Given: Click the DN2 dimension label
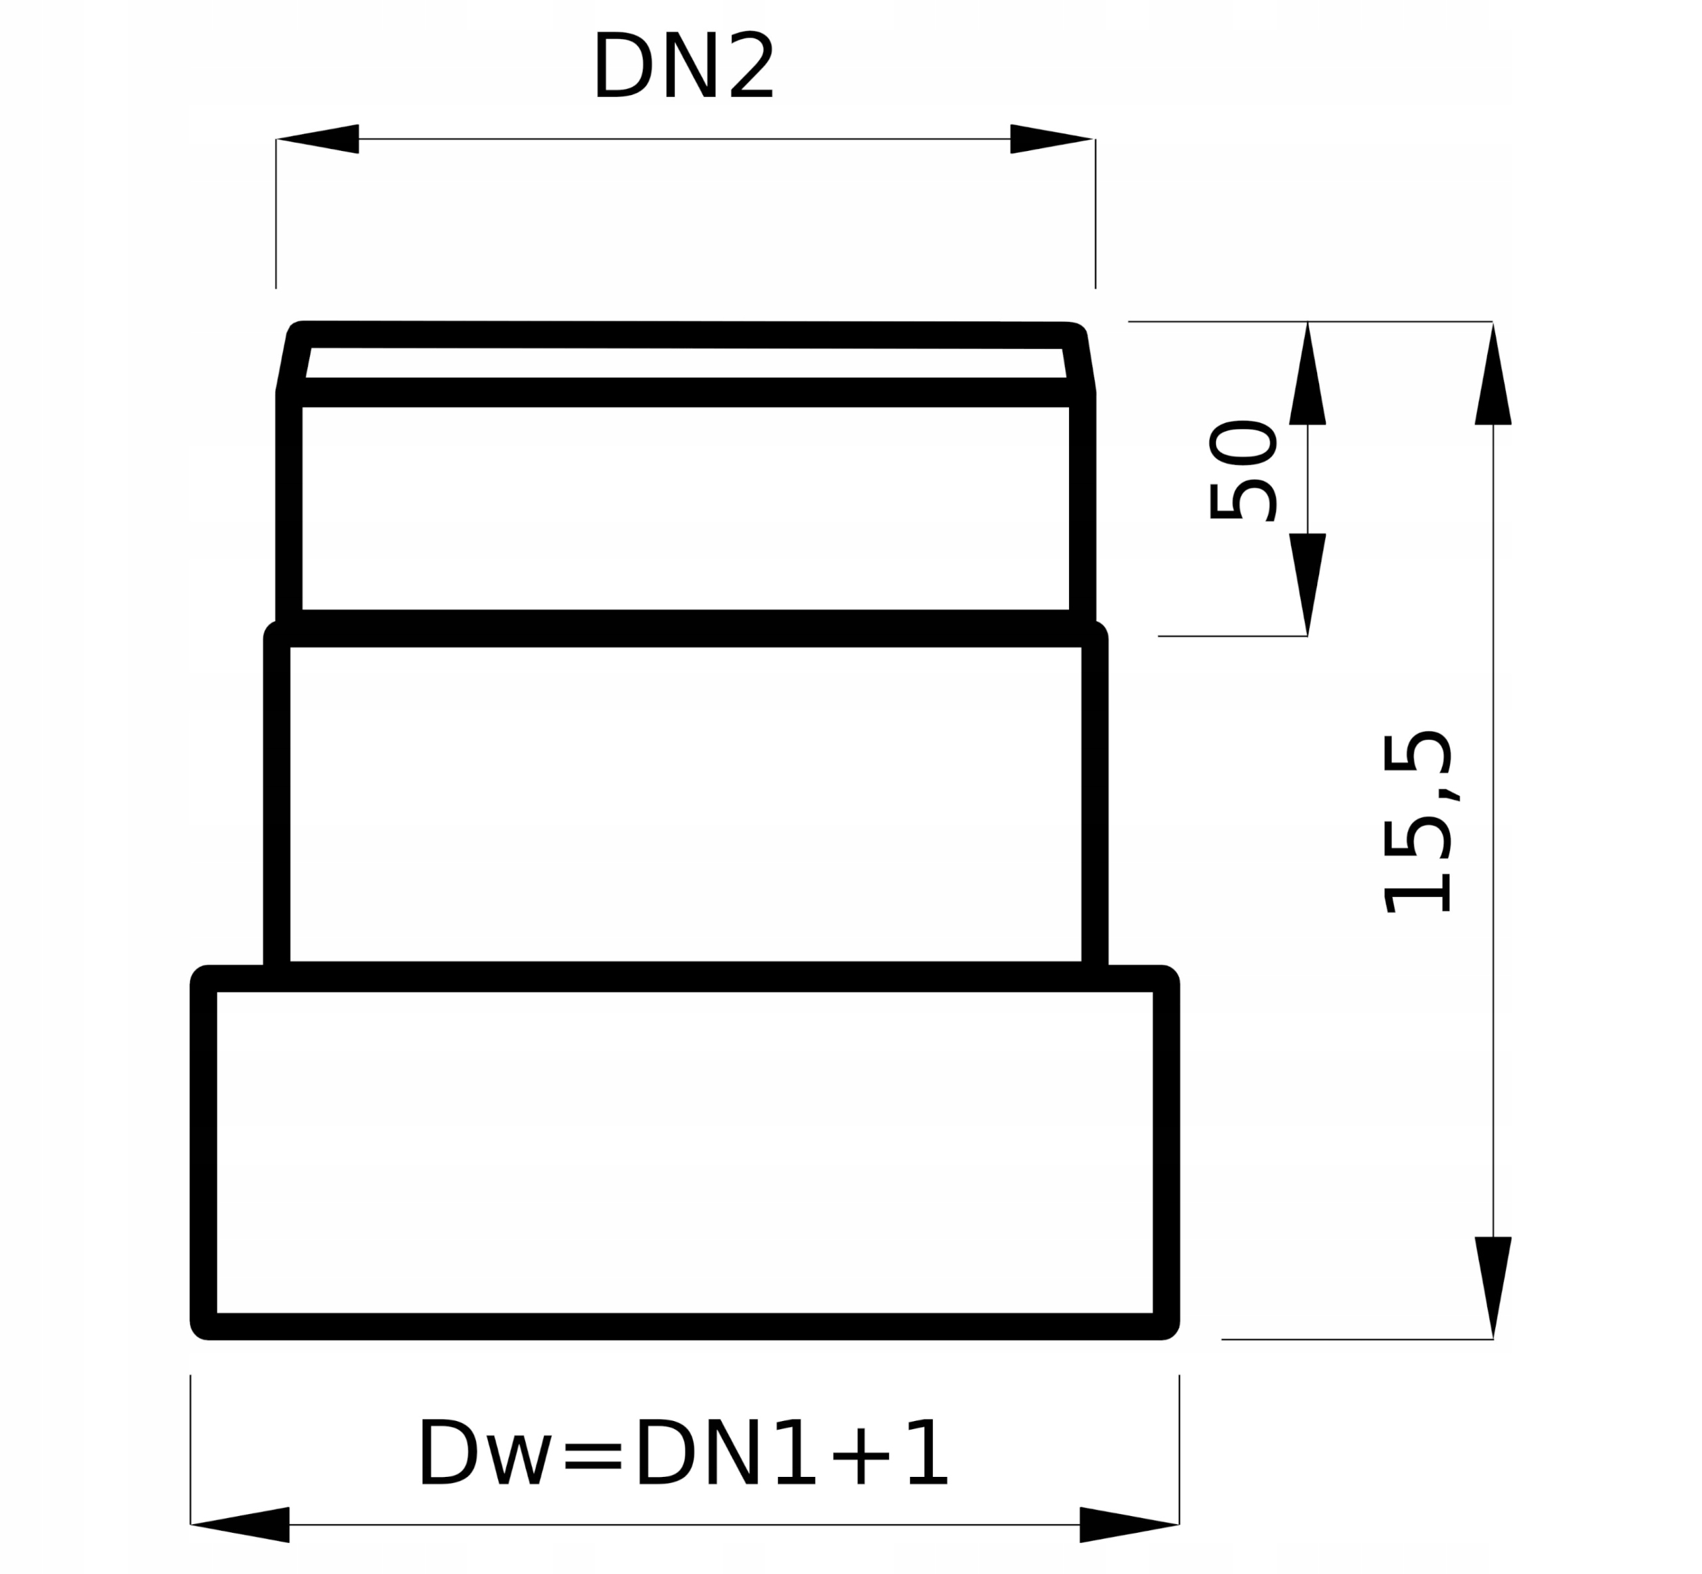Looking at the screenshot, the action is [683, 66].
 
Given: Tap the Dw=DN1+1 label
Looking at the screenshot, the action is [682, 1454].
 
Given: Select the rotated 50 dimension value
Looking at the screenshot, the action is [1243, 470].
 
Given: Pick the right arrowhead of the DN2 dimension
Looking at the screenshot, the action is [1052, 139].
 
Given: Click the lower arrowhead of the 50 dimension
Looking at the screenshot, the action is [1308, 585].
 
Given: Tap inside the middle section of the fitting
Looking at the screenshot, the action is [685, 804].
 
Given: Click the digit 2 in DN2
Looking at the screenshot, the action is [751, 66].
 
